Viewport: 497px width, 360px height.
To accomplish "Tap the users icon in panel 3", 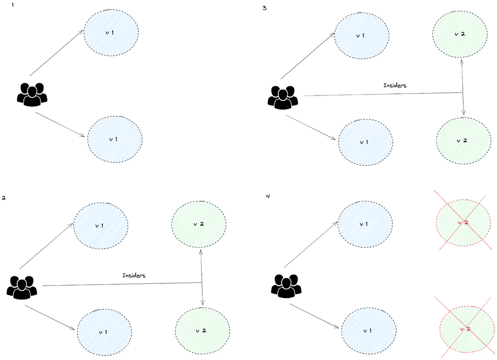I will point(283,96).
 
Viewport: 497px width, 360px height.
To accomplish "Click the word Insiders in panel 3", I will point(395,86).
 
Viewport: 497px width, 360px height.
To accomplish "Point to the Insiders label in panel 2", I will point(134,274).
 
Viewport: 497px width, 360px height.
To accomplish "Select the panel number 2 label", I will point(4,198).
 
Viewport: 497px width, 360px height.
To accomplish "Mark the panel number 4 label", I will point(268,196).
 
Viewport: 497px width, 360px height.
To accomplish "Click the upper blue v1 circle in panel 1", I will point(111,33).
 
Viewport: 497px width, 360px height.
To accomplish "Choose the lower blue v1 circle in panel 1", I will point(114,139).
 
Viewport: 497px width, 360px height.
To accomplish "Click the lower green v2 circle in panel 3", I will point(462,140).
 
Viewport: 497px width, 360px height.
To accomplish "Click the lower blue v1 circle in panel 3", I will point(364,142).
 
